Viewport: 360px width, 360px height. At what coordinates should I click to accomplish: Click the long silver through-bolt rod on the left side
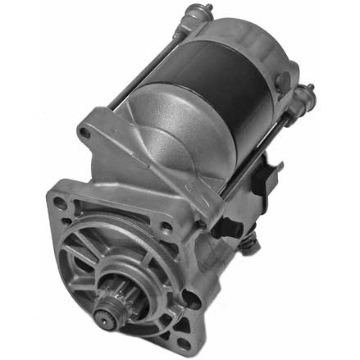pos(139,70)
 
